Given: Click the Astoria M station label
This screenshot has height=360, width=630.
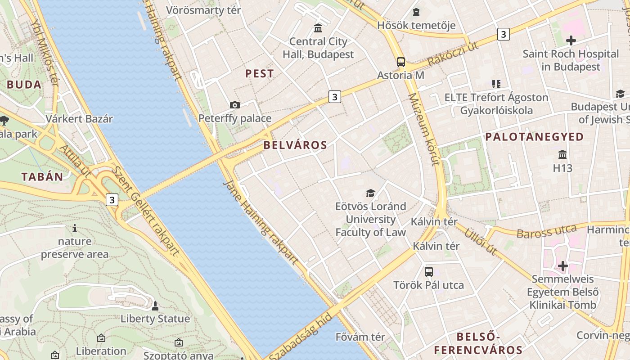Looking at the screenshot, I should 400,75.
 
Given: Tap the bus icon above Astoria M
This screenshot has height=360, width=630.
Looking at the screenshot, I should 400,62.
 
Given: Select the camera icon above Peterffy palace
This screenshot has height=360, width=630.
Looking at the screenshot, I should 235,105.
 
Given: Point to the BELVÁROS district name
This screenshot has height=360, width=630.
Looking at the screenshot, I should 295,145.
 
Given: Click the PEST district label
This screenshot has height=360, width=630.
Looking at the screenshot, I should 260,73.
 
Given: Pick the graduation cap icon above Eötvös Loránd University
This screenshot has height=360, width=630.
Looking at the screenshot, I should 370,193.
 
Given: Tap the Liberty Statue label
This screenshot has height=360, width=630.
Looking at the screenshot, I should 155,319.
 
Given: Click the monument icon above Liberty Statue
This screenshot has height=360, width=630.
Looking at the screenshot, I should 155,306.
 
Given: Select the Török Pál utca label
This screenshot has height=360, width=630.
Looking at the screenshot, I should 428,285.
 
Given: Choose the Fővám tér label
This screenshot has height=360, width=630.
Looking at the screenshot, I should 360,337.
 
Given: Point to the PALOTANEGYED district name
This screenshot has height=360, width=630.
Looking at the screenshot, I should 535,137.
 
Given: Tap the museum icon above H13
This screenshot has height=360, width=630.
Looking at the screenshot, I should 562,155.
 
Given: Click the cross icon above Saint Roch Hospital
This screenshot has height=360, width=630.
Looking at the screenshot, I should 571,40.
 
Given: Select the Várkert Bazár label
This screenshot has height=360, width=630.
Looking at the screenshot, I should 79,119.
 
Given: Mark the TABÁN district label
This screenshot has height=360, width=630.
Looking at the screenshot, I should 42,176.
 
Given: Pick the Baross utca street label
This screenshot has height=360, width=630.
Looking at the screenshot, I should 546,232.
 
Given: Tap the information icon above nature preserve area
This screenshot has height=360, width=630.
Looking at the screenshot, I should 75,229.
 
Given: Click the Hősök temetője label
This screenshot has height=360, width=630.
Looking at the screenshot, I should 416,25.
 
